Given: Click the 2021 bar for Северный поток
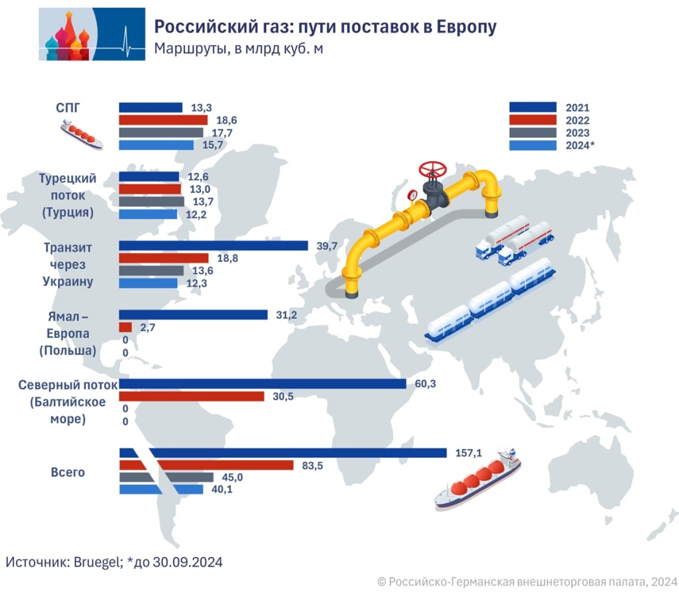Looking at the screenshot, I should click(262, 384).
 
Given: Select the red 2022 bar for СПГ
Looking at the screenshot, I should click(163, 120).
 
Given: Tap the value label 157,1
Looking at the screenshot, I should click(467, 453).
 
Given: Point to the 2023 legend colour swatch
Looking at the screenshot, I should click(532, 133).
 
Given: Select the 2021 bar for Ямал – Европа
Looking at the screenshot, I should click(193, 315).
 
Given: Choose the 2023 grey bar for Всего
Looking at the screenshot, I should click(166, 477).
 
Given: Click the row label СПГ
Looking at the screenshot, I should click(70, 107).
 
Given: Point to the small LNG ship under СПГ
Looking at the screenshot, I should click(82, 135).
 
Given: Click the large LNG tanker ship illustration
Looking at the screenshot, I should click(477, 481).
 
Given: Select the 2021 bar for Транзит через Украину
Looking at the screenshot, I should click(214, 246).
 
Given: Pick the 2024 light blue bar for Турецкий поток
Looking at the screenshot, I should click(148, 214).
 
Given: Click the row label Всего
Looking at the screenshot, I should click(68, 473).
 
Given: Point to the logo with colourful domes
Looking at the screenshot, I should click(92, 34).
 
